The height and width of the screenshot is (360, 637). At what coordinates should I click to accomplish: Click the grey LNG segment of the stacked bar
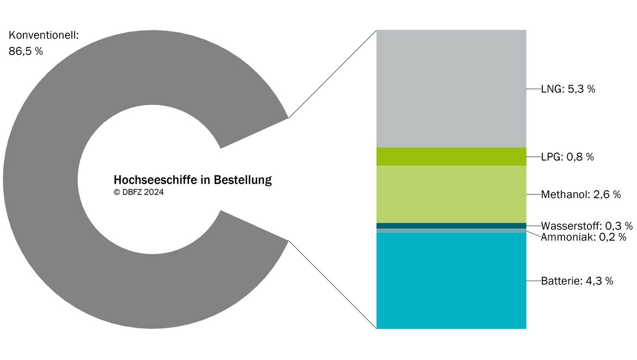451,89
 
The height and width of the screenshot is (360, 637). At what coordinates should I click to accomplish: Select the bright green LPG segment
451,156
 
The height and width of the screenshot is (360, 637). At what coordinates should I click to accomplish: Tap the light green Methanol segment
451,194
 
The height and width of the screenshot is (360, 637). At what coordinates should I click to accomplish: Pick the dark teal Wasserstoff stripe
451,226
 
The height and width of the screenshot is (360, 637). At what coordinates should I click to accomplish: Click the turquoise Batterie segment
451,281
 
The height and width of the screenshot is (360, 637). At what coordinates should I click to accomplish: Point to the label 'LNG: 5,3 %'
568,89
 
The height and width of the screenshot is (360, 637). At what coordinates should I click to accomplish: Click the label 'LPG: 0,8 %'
567,157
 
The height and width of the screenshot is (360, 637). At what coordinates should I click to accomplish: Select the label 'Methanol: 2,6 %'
581,194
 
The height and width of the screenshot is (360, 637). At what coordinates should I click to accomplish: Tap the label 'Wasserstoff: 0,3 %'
586,225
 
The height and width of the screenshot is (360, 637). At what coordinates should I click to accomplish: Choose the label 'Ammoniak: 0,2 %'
584,237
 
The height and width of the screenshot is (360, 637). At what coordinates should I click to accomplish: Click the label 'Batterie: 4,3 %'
577,281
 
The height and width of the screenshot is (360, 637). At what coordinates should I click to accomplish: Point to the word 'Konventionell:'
44,35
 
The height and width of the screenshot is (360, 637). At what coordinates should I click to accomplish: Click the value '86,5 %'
26,51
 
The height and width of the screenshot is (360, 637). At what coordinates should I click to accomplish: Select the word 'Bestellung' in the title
242,180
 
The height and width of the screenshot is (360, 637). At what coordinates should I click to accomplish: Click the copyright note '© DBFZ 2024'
138,192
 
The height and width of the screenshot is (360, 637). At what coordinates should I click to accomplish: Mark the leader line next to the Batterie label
534,281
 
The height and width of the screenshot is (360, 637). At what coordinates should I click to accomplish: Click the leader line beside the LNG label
534,89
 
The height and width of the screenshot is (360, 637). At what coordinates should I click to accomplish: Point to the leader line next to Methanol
534,194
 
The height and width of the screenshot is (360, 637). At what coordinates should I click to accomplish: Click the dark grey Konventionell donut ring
41,179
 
